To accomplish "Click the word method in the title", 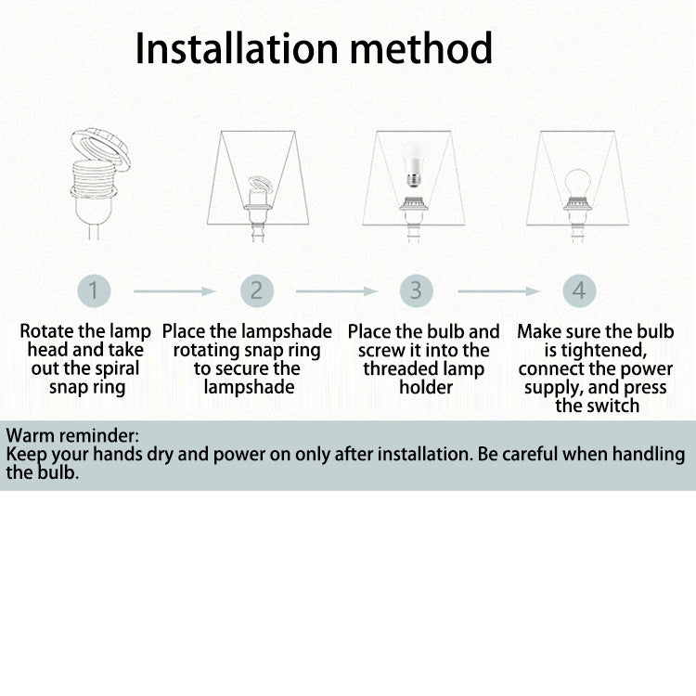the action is pos(421,48).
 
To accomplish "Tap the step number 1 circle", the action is pos(94,290).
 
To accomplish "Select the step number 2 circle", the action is pos(257,290).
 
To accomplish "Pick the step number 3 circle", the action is pos(417,290).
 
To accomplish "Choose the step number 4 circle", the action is pos(579,290).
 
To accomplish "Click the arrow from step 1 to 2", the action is pos(174,291).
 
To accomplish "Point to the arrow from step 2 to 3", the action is pos(337,291).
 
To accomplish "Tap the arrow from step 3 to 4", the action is pos(498,291).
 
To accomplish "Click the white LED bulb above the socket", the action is pos(413,164).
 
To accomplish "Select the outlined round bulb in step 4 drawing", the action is pos(577,186).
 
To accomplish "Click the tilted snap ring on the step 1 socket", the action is pos(101,149).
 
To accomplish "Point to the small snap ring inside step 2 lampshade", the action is pos(261,183).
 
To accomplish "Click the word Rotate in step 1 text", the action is pos(46,331).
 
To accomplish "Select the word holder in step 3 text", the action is pos(426,387).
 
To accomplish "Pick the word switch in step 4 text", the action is pos(612,406).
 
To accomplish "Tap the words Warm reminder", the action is pos(72,435).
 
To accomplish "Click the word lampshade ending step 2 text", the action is pos(249,388).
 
